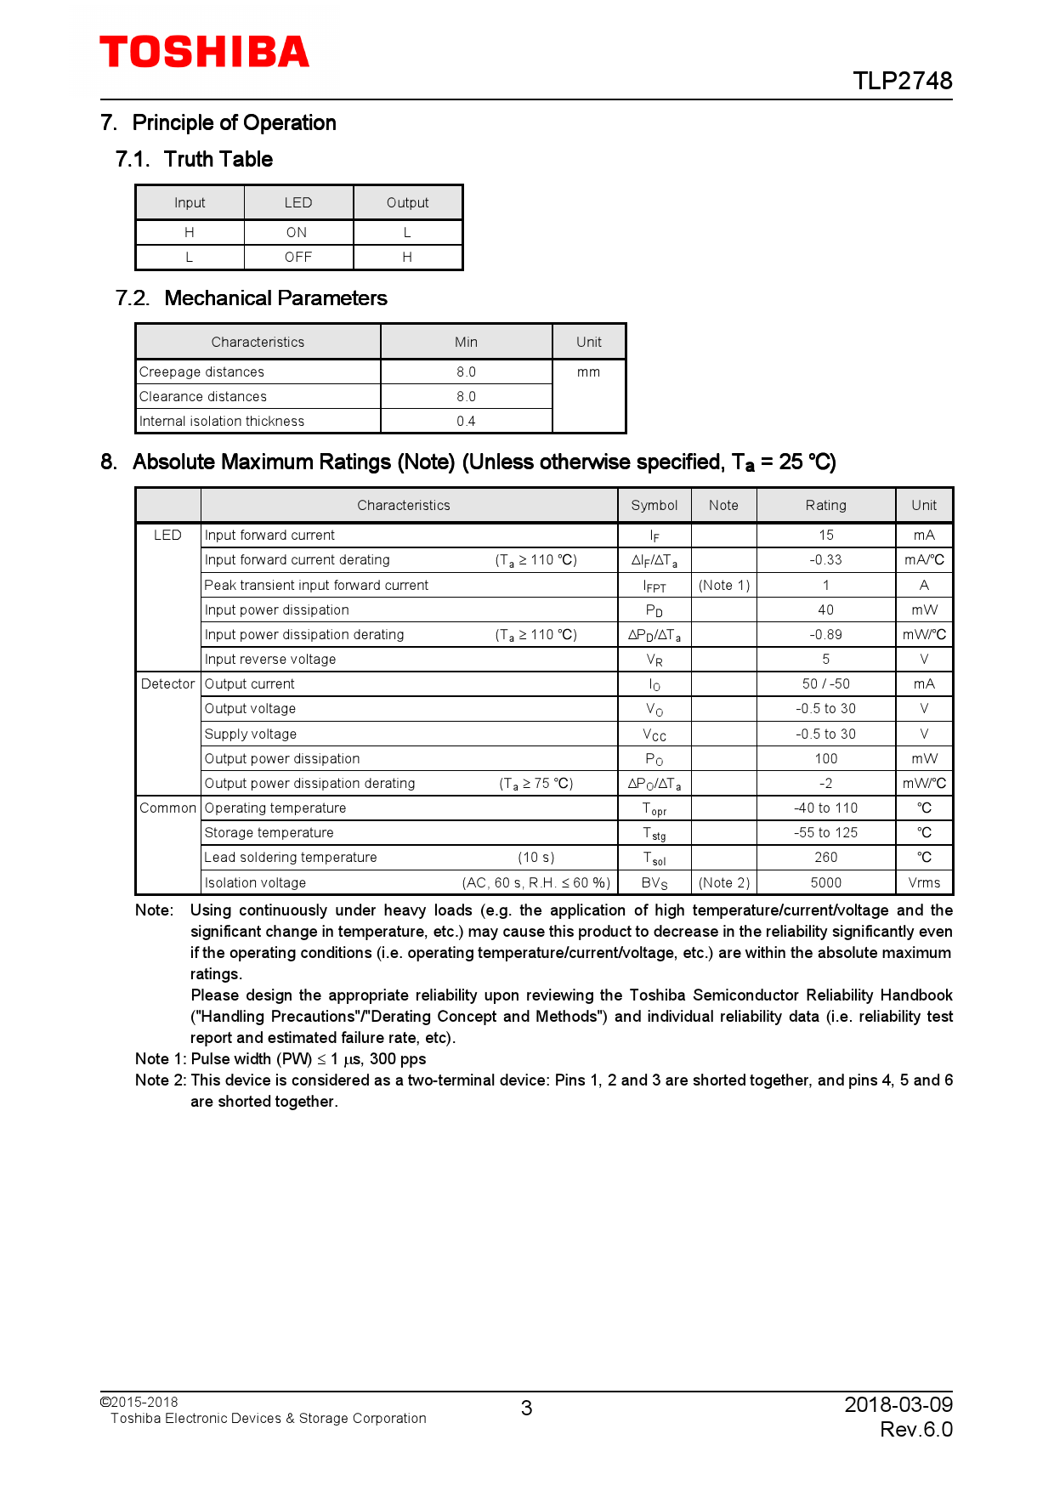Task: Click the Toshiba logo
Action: pyautogui.click(x=204, y=53)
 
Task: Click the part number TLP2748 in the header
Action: pyautogui.click(x=902, y=81)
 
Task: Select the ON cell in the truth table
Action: pyautogui.click(x=297, y=233)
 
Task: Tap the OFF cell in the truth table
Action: pyautogui.click(x=298, y=258)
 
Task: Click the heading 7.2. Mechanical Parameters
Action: pyautogui.click(x=252, y=298)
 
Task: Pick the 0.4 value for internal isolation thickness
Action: pyautogui.click(x=466, y=422)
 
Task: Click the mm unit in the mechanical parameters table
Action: pyautogui.click(x=588, y=372)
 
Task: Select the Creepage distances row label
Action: pyautogui.click(x=202, y=372)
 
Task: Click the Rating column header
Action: pyautogui.click(x=825, y=506)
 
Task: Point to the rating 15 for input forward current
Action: pyautogui.click(x=825, y=536)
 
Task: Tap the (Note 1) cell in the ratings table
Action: pyautogui.click(x=723, y=586)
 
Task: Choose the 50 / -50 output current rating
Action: pyautogui.click(x=825, y=684)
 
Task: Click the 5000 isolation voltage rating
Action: pyautogui.click(x=825, y=883)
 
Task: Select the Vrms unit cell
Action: pyautogui.click(x=924, y=883)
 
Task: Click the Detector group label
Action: pyautogui.click(x=167, y=684)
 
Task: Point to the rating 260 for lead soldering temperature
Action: pyautogui.click(x=825, y=858)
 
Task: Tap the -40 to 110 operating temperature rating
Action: pyautogui.click(x=825, y=808)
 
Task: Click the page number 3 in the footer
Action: pyautogui.click(x=526, y=1409)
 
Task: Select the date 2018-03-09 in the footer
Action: pyautogui.click(x=898, y=1404)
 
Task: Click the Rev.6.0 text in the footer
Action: pyautogui.click(x=915, y=1430)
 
